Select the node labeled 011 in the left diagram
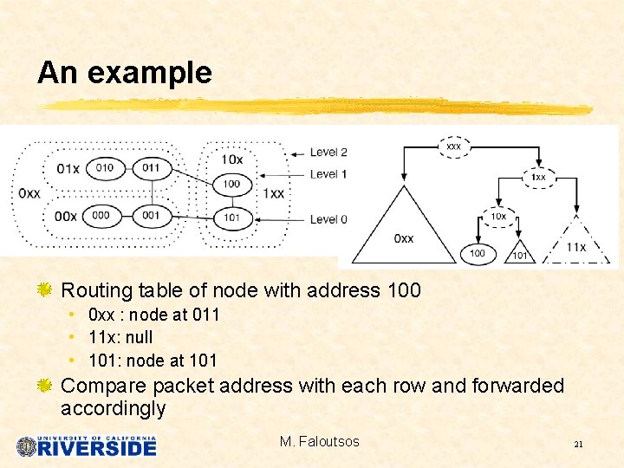click(x=152, y=167)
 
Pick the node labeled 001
click(x=152, y=216)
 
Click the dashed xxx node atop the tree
click(x=453, y=147)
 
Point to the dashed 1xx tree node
click(x=538, y=177)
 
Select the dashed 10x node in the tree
click(x=498, y=216)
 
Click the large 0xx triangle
click(x=403, y=230)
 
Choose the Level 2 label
click(x=328, y=153)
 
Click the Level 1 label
click(x=328, y=174)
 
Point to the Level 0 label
click(x=328, y=219)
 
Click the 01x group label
click(x=67, y=167)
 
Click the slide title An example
click(x=124, y=73)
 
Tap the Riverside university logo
click(x=86, y=445)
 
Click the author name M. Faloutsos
click(x=319, y=442)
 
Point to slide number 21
click(x=578, y=445)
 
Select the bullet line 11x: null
click(x=120, y=337)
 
